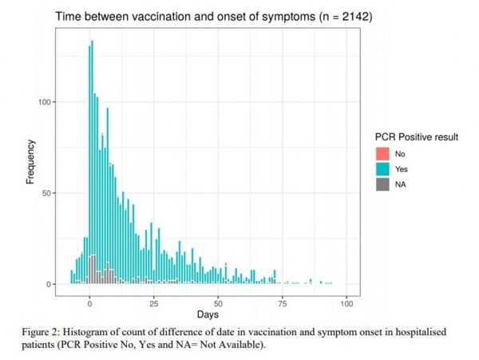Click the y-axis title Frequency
pos(30,162)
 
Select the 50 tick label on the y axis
pos(49,193)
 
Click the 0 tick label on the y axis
pos(52,284)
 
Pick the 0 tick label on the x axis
pos(90,303)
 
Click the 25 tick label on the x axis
pos(154,303)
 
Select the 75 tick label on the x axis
pos(283,303)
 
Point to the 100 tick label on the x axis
pos(346,303)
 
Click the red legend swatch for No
pos(382,153)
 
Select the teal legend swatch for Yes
pos(382,169)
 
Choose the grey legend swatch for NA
pos(382,184)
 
